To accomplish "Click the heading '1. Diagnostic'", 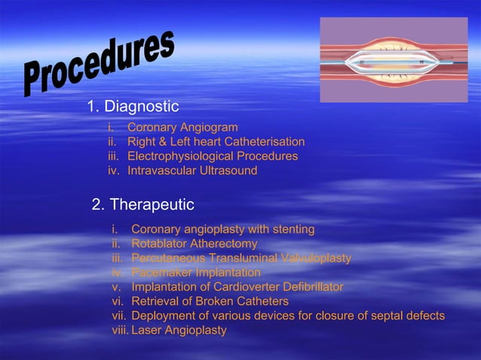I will (x=133, y=106).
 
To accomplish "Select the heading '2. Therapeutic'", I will (x=142, y=205).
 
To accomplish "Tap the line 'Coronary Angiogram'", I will (x=182, y=128).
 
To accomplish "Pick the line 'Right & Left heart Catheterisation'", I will (x=216, y=142).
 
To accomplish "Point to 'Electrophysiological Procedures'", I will (x=212, y=157).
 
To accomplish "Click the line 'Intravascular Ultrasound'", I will (x=192, y=171).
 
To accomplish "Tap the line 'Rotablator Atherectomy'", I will (x=194, y=244).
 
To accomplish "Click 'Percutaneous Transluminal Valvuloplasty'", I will (x=240, y=258).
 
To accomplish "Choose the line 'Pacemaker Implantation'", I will (x=195, y=273).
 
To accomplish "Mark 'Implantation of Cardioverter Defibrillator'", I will (x=237, y=287).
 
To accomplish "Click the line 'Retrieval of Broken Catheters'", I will (x=210, y=301).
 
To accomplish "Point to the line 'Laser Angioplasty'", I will (x=179, y=331).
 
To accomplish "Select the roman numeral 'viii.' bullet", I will (x=120, y=331).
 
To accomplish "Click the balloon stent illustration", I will (x=394, y=60).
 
